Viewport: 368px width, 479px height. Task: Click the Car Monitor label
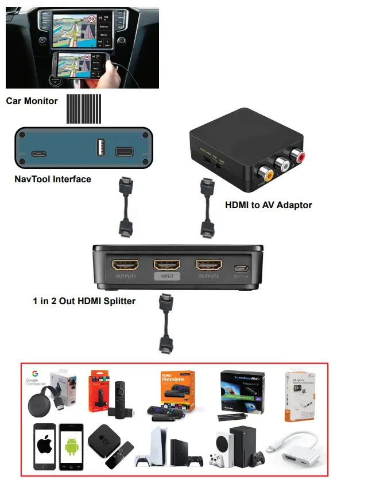click(32, 101)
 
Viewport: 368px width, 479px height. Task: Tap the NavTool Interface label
click(53, 179)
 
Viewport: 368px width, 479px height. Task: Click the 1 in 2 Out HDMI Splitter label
click(84, 300)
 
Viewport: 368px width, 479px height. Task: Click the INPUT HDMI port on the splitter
click(167, 265)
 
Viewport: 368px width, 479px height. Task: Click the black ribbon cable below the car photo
click(84, 108)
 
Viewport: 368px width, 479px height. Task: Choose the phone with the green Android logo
click(71, 447)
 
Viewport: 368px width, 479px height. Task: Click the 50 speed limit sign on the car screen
click(91, 19)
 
